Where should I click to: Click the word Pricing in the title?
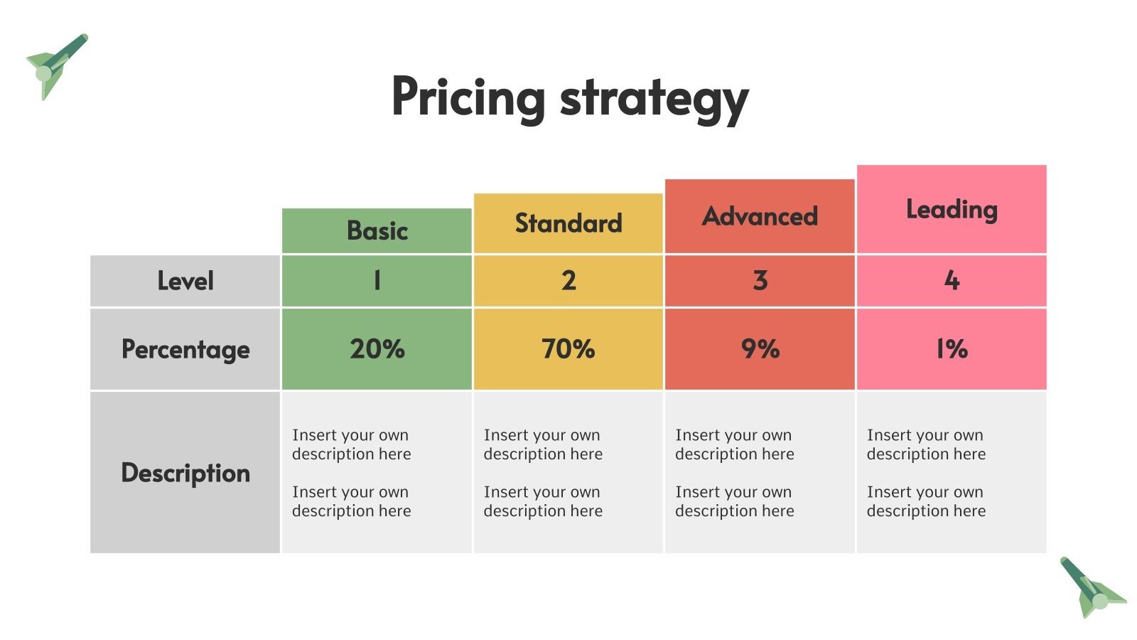coord(468,97)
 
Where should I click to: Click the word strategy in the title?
coord(654,99)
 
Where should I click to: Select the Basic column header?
coord(377,230)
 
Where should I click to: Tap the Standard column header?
coord(568,223)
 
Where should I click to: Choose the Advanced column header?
coord(760,216)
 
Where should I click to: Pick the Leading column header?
coord(952,209)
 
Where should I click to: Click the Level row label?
coord(185,281)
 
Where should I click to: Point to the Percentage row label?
coord(185,349)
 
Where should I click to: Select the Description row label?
coord(185,473)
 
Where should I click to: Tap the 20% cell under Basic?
coord(377,349)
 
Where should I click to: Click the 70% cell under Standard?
coord(568,349)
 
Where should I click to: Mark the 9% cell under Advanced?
coord(760,349)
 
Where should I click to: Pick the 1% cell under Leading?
coord(952,349)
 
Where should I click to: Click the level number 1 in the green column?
coord(377,281)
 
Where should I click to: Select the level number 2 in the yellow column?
coord(568,281)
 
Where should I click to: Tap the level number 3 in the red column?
coord(760,281)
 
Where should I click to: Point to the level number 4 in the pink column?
coord(952,281)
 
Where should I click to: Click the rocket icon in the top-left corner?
coord(55,66)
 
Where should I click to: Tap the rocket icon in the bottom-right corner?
coord(1090,588)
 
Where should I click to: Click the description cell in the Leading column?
coord(952,473)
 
